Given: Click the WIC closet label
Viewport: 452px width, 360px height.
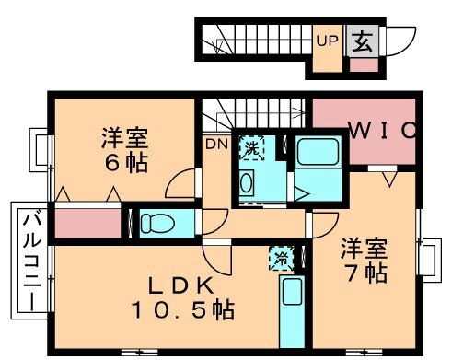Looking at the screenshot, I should [x=380, y=131].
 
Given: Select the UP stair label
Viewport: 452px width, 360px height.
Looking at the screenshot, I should [x=327, y=40].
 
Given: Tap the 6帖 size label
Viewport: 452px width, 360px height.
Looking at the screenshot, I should [x=123, y=167].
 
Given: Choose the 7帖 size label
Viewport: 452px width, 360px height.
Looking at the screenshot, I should [x=362, y=273].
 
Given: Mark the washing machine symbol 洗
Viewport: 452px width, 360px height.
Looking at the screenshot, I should [x=249, y=146].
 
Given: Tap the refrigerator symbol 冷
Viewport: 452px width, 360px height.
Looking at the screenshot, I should [x=279, y=259].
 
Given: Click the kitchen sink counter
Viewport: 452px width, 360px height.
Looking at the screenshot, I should [x=291, y=295].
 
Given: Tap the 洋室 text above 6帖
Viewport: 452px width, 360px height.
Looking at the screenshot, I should [x=122, y=143].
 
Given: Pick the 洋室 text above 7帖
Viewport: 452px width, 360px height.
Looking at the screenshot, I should [x=362, y=248].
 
